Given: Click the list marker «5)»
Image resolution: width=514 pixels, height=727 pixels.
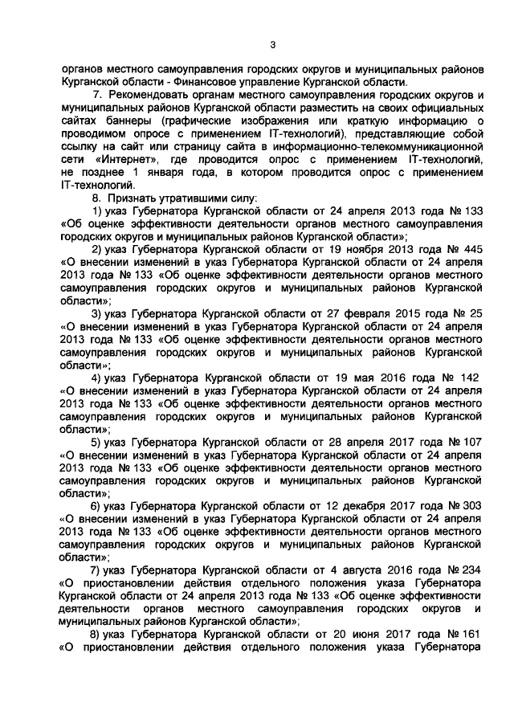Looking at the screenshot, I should pyautogui.click(x=96, y=442).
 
